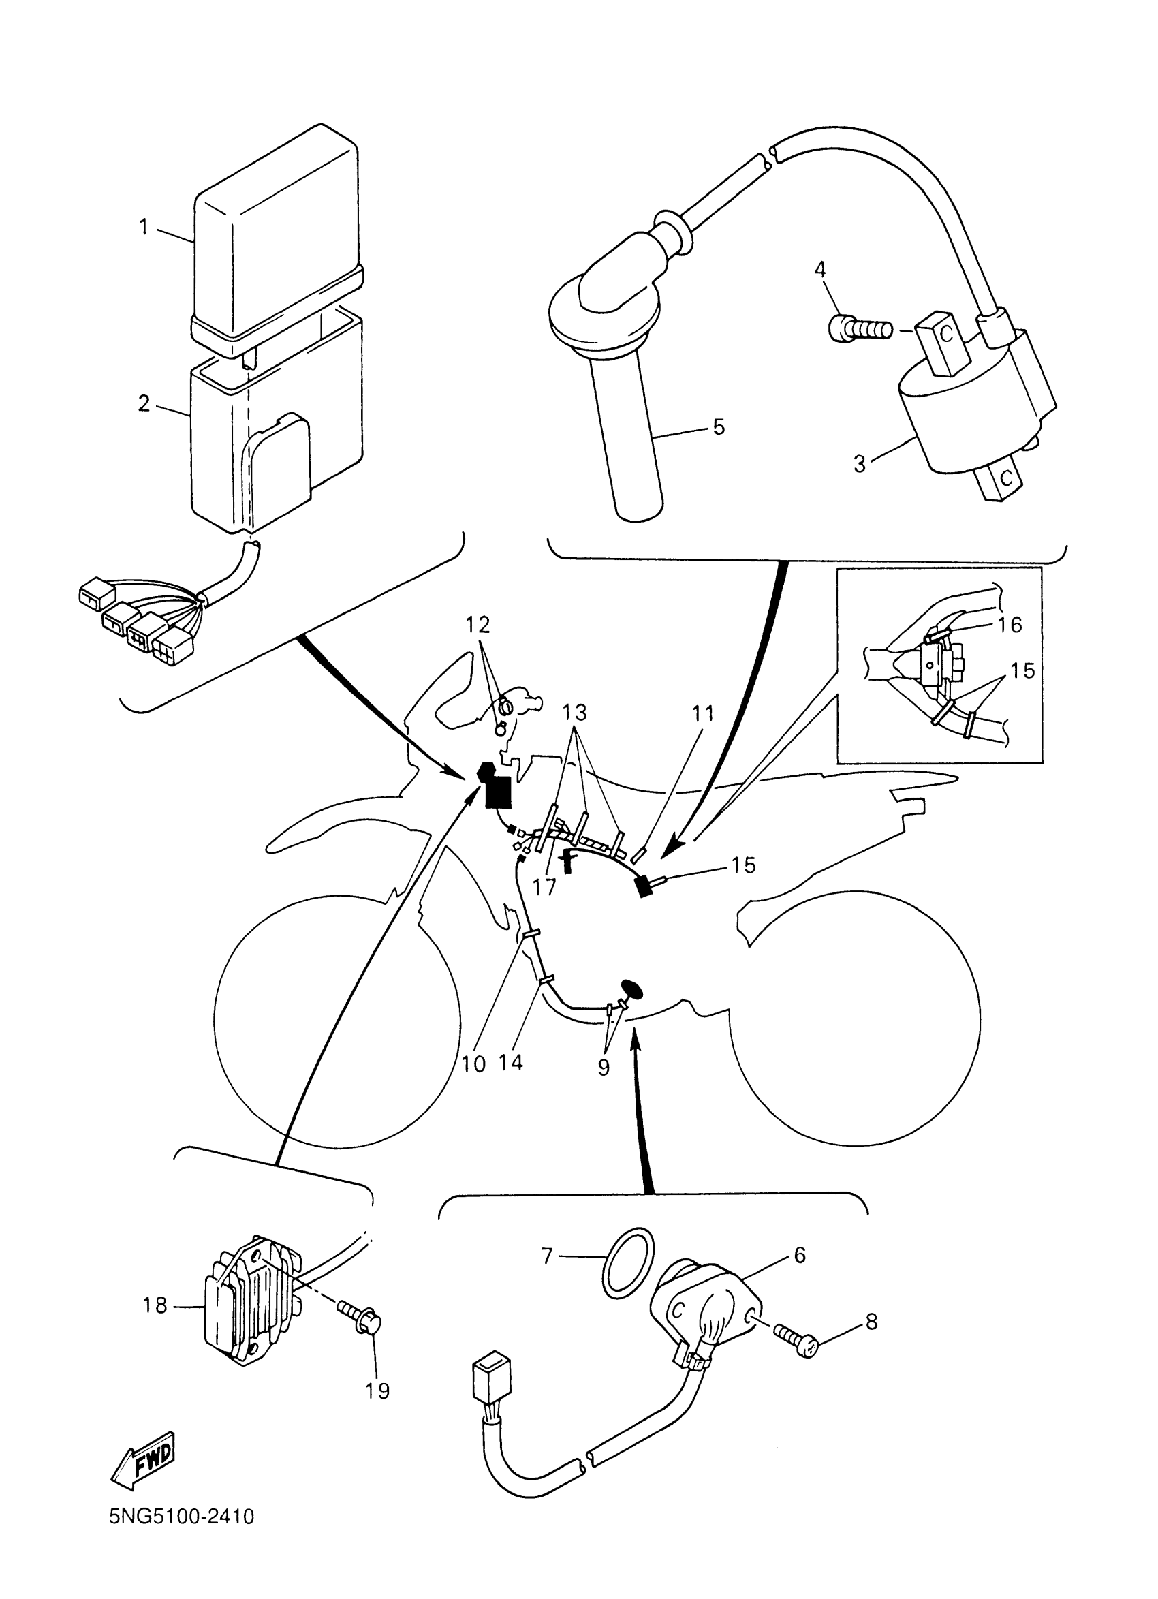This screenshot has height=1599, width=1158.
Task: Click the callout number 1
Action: click(x=144, y=227)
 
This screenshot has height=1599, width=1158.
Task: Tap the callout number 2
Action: click(x=144, y=404)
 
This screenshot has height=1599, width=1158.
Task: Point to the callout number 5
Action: click(x=718, y=426)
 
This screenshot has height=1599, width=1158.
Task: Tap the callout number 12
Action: click(x=478, y=625)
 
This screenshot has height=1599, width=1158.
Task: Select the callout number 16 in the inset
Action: click(x=1010, y=625)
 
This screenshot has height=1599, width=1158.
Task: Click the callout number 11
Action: click(x=702, y=713)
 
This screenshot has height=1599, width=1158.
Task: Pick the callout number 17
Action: click(x=544, y=886)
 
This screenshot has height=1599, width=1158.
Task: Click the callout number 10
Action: click(x=473, y=1064)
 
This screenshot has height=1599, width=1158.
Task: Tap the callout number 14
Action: click(x=511, y=1061)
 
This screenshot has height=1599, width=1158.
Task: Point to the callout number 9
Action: click(x=604, y=1068)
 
